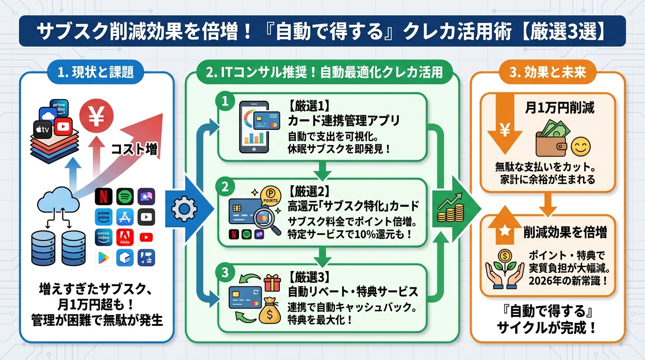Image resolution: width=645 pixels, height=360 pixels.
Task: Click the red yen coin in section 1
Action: tap(96, 117)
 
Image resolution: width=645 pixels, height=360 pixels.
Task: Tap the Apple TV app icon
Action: tap(43, 129)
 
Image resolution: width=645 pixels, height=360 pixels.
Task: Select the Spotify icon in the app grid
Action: tap(125, 196)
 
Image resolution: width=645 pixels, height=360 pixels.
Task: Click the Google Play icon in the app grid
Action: tap(104, 257)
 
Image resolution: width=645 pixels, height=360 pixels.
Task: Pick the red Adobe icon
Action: tap(125, 237)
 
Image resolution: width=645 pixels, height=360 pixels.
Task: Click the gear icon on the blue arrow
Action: tap(181, 210)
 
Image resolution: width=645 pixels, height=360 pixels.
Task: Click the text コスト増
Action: tap(134, 150)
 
